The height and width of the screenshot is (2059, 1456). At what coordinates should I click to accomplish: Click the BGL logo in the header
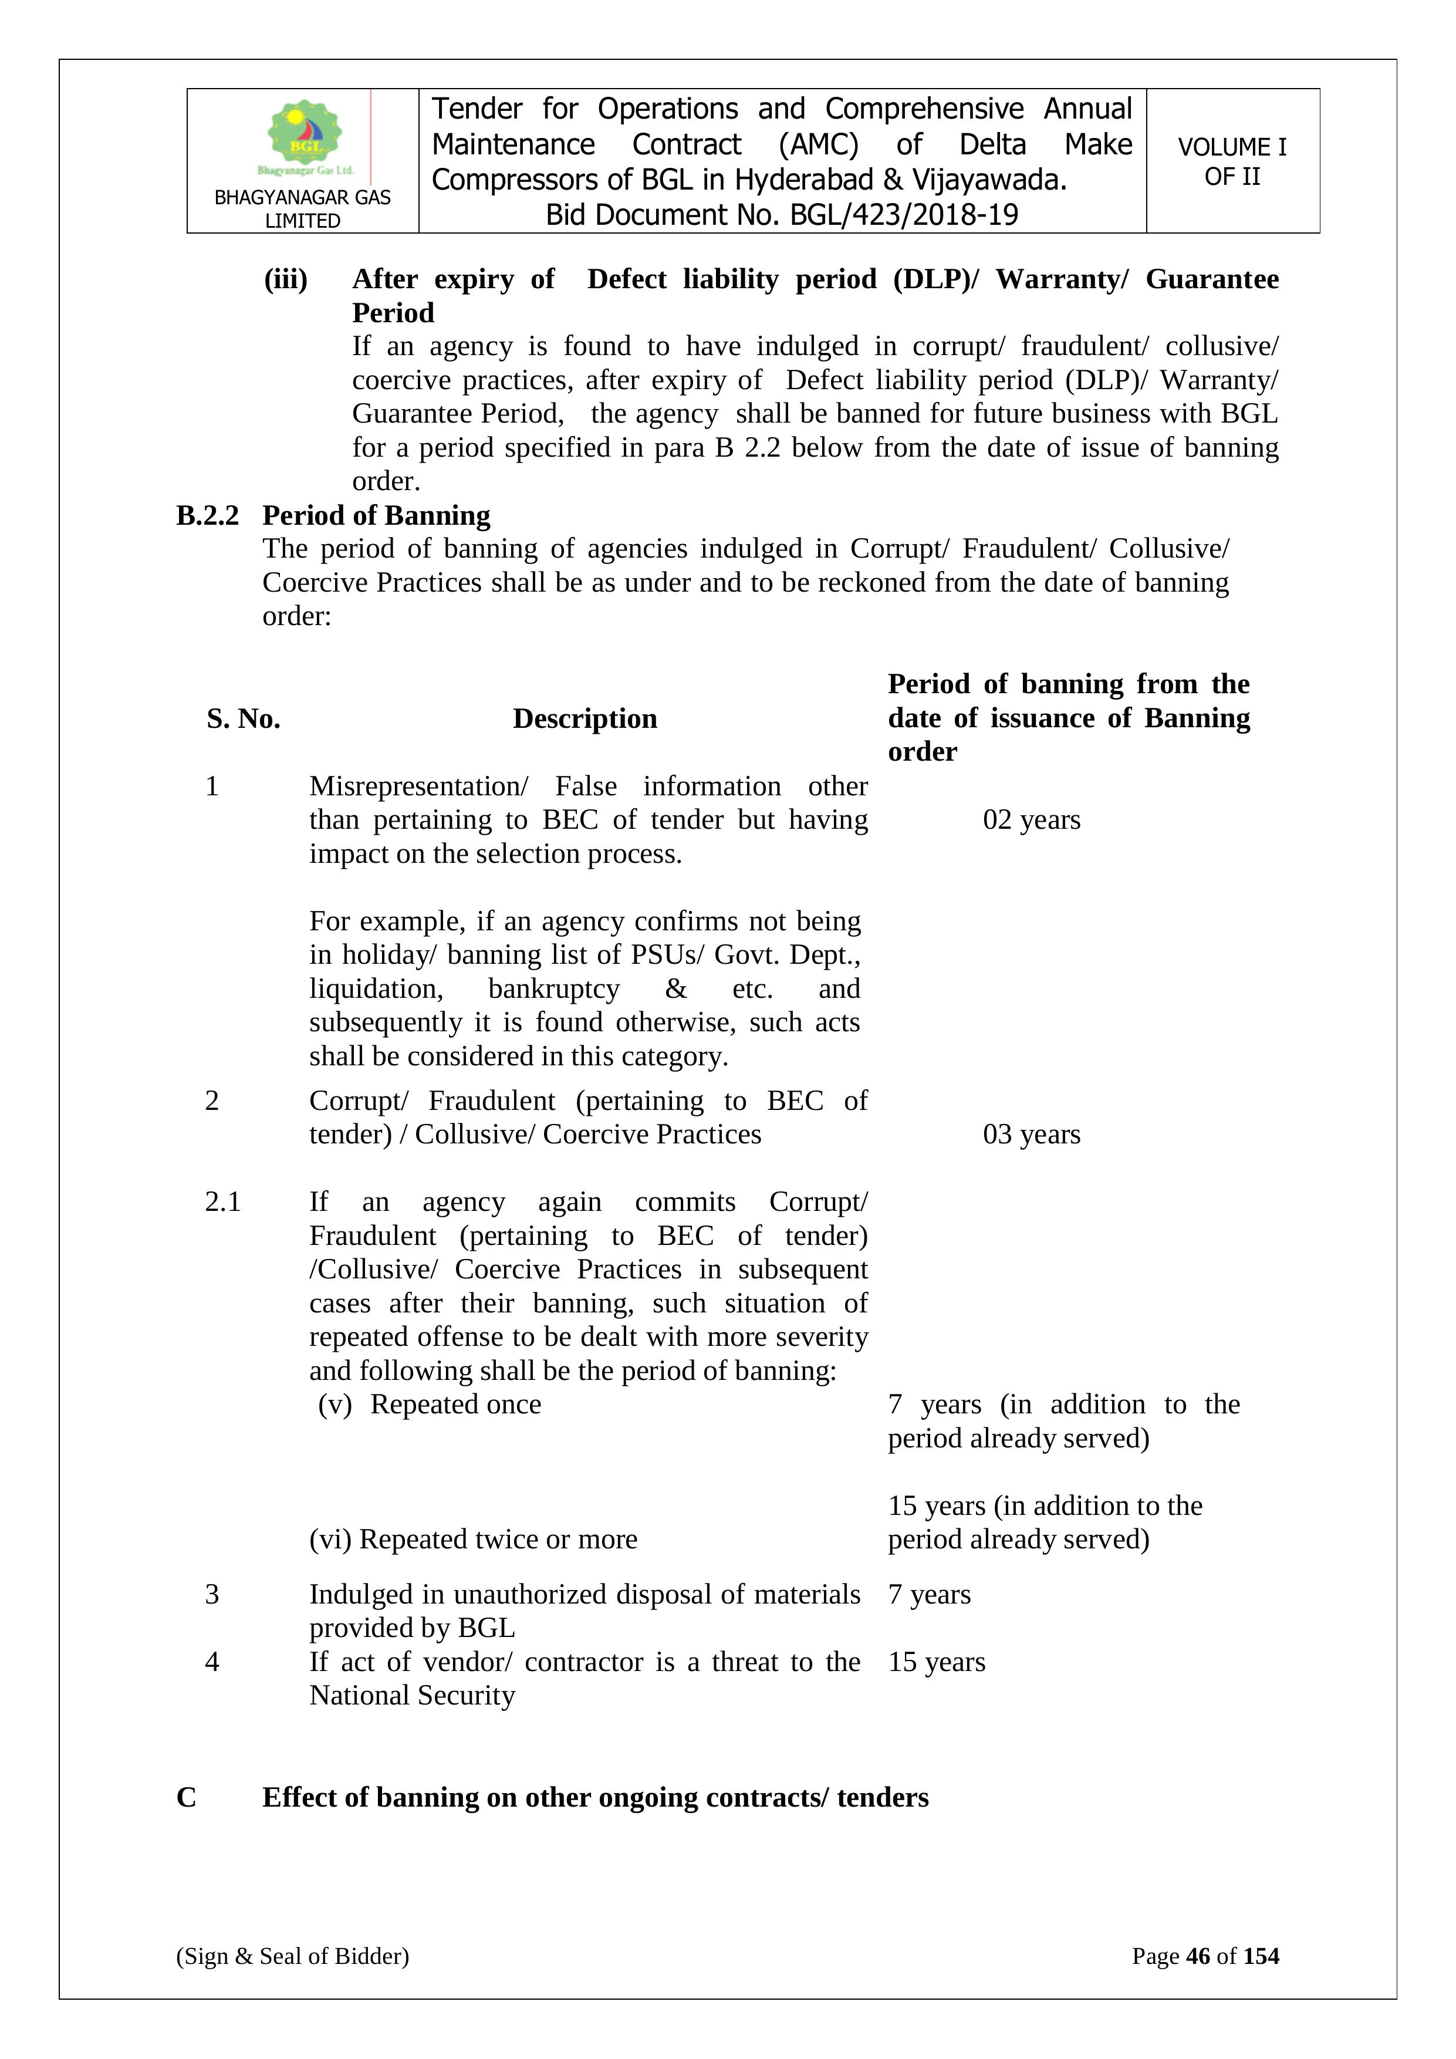pos(304,134)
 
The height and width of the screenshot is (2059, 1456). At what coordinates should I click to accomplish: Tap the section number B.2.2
pos(208,516)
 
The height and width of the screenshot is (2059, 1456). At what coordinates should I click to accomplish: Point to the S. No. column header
pos(243,718)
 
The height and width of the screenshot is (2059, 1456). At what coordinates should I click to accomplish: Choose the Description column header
pos(585,718)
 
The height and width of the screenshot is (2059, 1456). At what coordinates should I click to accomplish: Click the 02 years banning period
pos(1031,819)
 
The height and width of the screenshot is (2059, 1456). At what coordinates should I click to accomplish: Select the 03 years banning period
pos(1031,1135)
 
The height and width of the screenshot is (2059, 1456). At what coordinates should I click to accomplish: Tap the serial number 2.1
pos(222,1201)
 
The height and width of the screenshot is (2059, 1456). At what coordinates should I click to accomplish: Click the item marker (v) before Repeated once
pos(335,1405)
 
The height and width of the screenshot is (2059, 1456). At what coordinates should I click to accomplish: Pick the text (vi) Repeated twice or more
pos(474,1540)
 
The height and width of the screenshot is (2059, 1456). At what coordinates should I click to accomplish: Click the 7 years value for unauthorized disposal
pos(929,1595)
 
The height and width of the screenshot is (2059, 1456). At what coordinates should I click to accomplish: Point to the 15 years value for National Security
pos(936,1662)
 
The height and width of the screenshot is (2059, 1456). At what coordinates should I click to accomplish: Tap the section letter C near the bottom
pos(187,1798)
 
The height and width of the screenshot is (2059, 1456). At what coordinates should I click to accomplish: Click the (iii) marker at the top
pos(285,280)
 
